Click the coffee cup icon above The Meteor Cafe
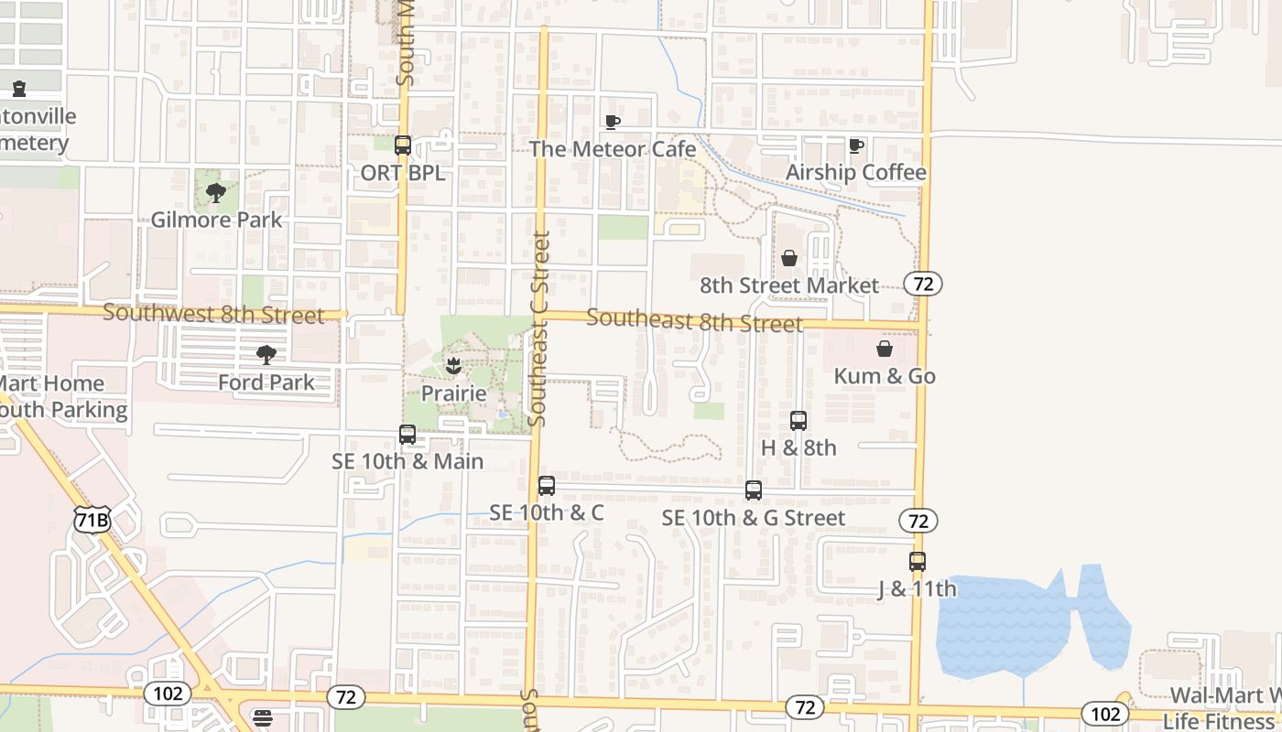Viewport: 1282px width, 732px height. tap(613, 122)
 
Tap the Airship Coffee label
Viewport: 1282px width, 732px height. tap(856, 172)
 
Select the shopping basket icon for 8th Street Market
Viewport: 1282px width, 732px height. tap(789, 258)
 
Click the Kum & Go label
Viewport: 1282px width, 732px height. tap(885, 376)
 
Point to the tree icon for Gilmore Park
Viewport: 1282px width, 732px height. tap(216, 193)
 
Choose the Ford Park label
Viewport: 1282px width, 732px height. tap(266, 382)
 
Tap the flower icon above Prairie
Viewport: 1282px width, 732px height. tap(453, 367)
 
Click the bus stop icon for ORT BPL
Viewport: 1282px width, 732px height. tap(403, 145)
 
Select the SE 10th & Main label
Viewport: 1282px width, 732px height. tap(407, 461)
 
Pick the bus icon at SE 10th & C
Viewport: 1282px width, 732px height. tap(547, 486)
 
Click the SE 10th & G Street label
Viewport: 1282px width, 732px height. tap(754, 518)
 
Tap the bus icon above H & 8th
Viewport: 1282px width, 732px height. tap(799, 421)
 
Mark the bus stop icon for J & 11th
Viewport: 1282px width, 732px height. tap(918, 562)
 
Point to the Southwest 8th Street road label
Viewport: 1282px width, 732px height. tap(213, 315)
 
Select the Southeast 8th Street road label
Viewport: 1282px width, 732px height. tap(694, 320)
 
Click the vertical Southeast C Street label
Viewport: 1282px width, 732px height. tap(540, 329)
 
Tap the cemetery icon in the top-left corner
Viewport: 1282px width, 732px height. tap(19, 89)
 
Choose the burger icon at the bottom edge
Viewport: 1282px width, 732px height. tap(263, 718)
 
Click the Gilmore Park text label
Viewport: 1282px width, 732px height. tap(217, 220)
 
